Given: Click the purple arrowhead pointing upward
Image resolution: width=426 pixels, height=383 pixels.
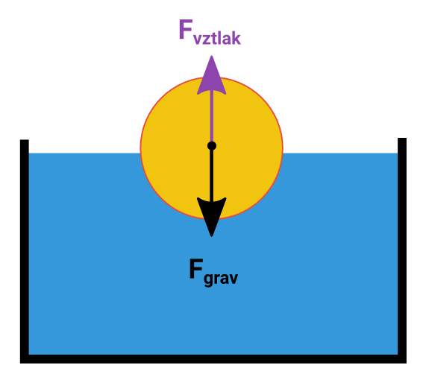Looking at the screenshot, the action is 211,77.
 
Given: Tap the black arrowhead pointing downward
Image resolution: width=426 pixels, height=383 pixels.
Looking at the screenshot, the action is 211,215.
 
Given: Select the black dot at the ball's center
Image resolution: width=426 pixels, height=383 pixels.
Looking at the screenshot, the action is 212,146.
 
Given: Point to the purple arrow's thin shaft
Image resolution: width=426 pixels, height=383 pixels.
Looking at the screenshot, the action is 211,117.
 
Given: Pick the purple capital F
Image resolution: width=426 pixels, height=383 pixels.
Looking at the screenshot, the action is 186,29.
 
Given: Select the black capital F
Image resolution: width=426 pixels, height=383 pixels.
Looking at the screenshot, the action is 196,268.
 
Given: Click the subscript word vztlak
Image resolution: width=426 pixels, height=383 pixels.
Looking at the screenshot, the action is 217,38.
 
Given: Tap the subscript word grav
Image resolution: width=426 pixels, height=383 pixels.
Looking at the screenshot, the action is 221,279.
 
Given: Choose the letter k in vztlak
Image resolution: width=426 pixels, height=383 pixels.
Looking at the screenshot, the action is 237,37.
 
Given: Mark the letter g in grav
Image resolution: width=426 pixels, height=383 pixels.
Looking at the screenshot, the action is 208,280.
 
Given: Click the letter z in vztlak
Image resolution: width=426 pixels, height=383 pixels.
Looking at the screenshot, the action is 207,39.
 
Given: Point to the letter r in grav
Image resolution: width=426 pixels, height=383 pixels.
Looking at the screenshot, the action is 217,279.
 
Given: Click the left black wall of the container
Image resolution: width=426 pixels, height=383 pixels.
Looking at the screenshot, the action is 25,251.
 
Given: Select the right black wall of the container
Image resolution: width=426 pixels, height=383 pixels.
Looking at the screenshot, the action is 402,250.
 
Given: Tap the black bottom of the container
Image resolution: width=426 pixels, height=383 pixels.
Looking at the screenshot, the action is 213,359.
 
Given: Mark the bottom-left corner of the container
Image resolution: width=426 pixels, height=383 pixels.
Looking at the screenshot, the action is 21,363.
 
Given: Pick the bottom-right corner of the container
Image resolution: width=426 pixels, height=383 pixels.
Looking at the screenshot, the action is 406,363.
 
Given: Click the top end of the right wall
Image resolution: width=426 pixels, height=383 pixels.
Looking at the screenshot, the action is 402,138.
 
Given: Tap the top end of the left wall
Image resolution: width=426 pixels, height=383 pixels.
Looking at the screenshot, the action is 25,140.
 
